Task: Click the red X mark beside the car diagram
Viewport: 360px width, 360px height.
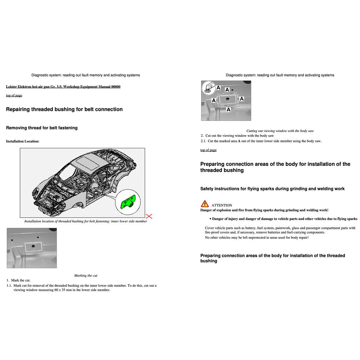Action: click(149, 216)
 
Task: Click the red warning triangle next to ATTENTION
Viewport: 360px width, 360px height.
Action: click(205, 204)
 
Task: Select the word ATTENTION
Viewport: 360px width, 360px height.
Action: click(221, 205)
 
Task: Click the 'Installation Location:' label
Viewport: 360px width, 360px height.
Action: click(22, 141)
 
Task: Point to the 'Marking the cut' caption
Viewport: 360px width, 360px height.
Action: click(85, 275)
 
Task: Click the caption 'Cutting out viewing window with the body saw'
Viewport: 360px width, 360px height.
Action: click(280, 131)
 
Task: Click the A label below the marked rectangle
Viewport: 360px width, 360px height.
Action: click(228, 109)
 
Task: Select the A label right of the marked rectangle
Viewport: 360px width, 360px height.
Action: click(242, 99)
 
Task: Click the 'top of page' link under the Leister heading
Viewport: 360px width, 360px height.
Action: click(14, 95)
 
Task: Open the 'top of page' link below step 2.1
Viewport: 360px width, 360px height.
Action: click(208, 150)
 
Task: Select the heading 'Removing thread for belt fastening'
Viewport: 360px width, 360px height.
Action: click(42, 128)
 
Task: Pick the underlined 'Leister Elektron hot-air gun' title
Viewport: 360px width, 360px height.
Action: click(63, 86)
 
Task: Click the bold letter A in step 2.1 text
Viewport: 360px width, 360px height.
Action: click(239, 141)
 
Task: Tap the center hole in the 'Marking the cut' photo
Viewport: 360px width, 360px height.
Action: click(32, 246)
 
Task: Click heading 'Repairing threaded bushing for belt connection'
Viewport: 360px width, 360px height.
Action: click(64, 109)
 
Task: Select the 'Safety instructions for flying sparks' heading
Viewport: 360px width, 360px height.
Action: click(272, 189)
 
